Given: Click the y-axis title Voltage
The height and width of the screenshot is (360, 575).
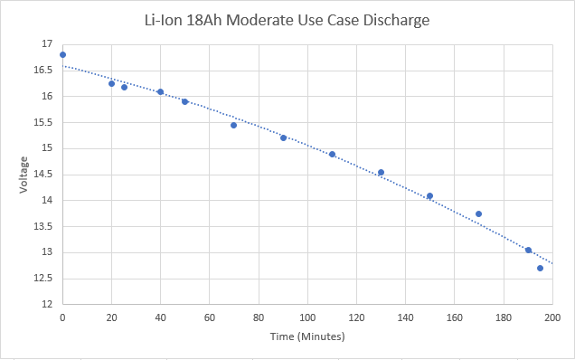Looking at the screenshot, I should [24, 174].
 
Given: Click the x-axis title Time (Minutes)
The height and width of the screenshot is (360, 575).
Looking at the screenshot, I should [307, 336].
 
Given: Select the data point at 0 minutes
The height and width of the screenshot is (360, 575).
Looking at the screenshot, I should [62, 54].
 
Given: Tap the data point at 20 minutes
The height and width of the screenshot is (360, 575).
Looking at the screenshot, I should [111, 83].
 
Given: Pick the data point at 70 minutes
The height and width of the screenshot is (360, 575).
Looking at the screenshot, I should [233, 125].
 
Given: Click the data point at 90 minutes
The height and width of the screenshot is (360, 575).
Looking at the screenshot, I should [283, 137].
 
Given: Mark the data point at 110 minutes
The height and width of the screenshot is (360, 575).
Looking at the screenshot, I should [332, 154].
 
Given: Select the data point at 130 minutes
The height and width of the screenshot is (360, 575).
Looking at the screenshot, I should [381, 172].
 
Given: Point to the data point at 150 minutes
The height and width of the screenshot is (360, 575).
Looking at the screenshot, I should [429, 195].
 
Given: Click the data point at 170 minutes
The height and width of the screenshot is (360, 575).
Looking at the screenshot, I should [478, 213].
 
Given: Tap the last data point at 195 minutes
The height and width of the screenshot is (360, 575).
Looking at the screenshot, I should [540, 268].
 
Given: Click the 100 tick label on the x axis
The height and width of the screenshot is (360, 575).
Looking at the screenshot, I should [307, 318].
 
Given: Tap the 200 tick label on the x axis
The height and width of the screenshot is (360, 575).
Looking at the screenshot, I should [552, 318].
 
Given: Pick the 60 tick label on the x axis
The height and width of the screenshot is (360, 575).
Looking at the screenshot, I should [209, 318].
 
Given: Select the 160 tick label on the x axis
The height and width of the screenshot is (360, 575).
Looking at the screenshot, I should [454, 318].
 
